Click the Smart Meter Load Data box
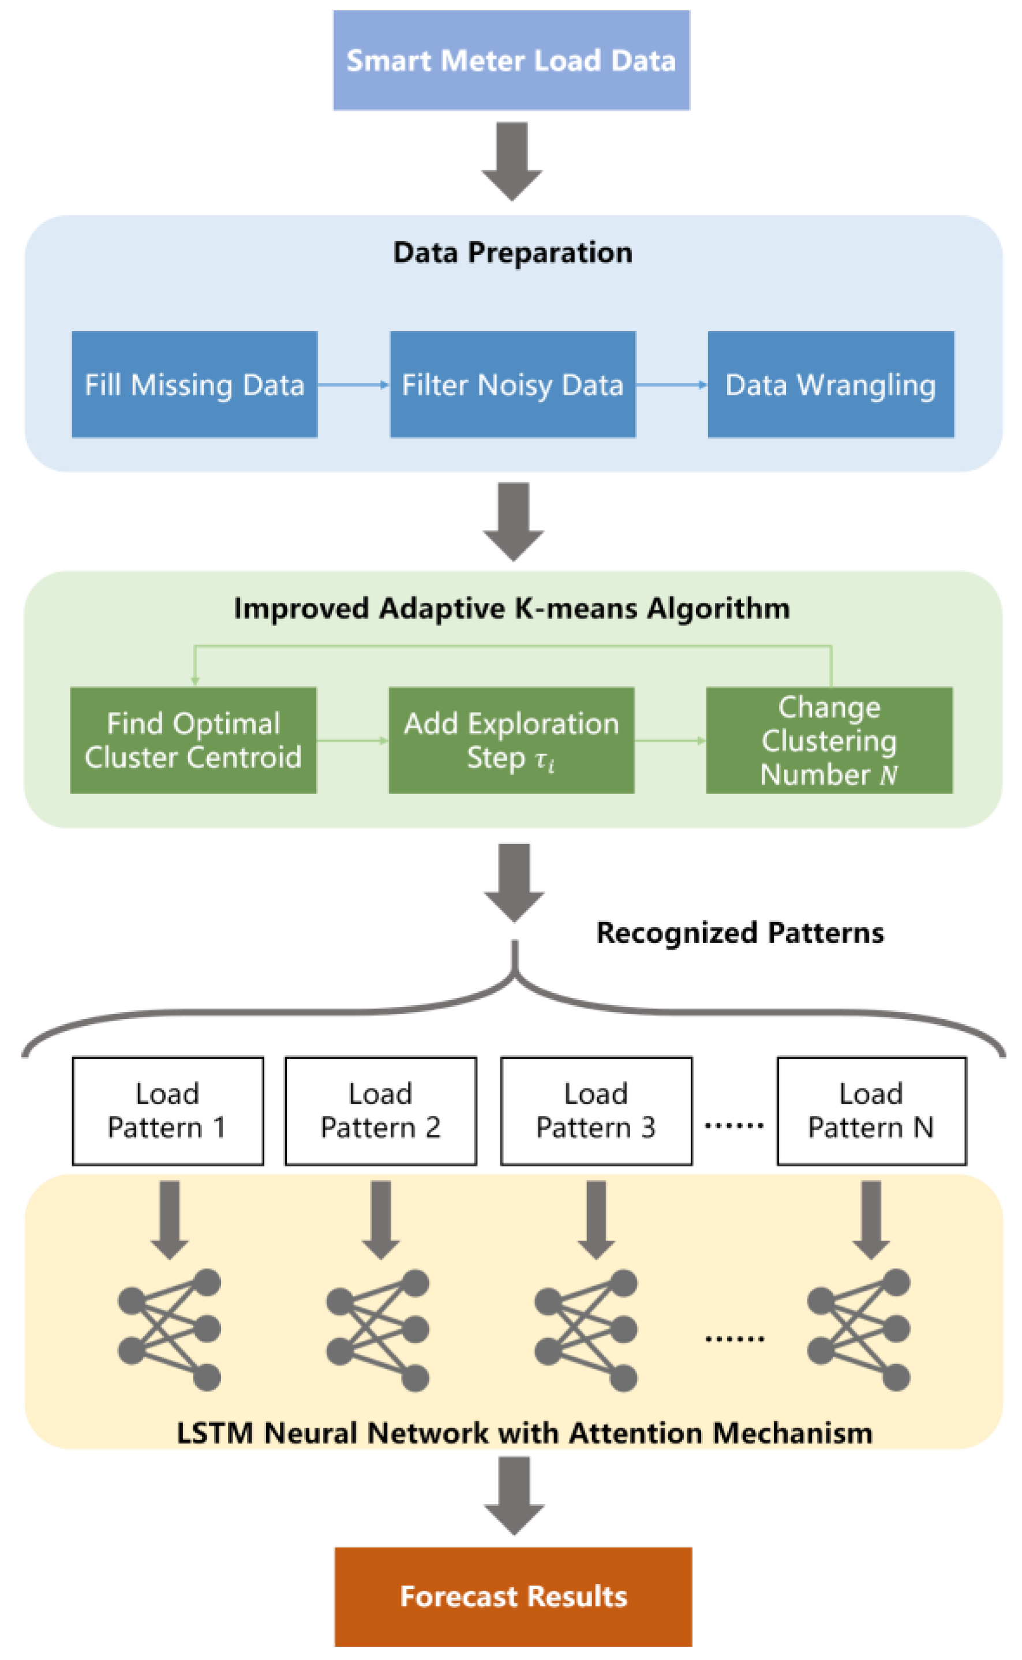(x=511, y=60)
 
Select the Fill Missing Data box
(x=194, y=384)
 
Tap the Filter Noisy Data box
(x=512, y=384)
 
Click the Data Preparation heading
(x=512, y=253)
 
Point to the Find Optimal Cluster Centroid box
(x=193, y=740)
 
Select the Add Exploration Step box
(x=511, y=740)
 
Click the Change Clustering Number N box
(x=829, y=740)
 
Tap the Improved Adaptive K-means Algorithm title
(x=512, y=609)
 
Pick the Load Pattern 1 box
(x=167, y=1111)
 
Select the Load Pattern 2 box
(x=380, y=1111)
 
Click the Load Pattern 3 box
(x=596, y=1111)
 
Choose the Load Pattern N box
(x=871, y=1111)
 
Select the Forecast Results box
(x=513, y=1597)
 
